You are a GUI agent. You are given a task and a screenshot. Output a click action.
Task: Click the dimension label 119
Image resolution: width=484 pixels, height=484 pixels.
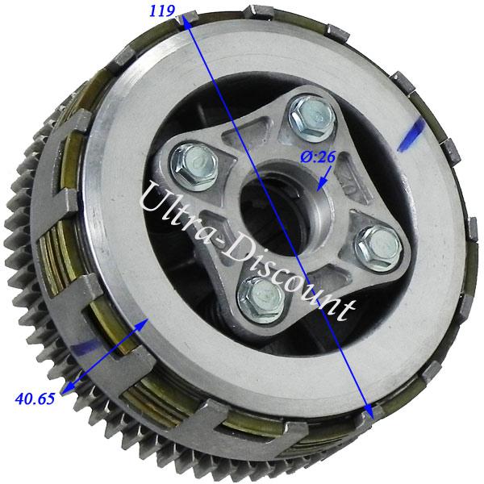(162, 11)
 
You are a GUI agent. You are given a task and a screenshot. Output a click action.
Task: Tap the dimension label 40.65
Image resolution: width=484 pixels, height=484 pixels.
(35, 398)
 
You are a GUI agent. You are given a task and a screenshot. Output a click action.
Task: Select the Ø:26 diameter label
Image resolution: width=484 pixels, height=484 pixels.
(318, 157)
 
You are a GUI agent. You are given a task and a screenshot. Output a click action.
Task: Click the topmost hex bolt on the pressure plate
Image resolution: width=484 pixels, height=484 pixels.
(311, 118)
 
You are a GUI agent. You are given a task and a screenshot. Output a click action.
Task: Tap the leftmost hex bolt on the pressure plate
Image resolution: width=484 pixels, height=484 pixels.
(194, 167)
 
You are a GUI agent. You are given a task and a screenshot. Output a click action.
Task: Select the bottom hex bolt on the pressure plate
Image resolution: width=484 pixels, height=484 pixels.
(261, 300)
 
